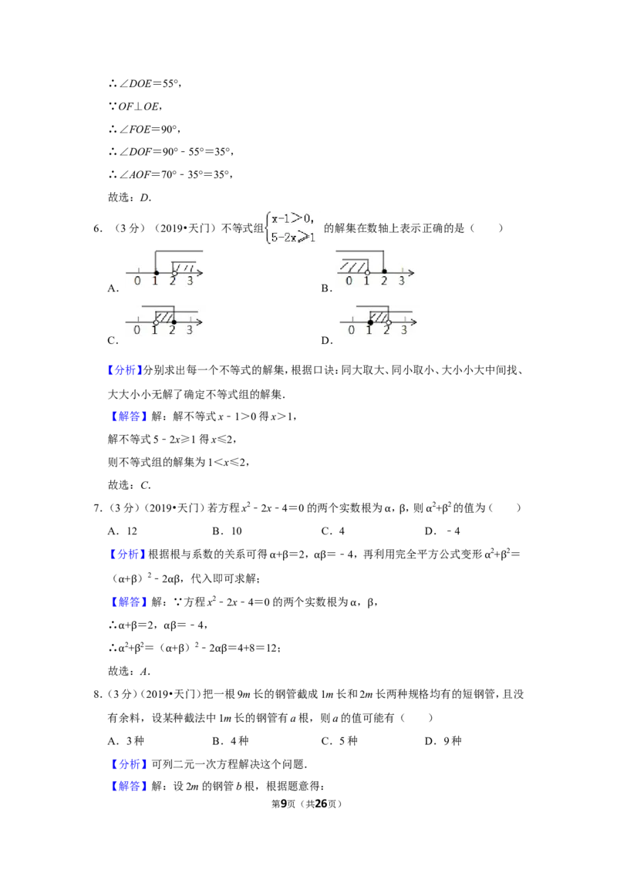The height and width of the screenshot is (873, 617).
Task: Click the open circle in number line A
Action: point(174,273)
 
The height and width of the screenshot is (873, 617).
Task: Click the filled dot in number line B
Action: point(384,272)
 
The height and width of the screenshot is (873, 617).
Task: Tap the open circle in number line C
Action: point(156,322)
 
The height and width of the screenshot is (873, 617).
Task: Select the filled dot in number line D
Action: point(370,322)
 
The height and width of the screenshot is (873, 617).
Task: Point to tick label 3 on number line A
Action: point(190,281)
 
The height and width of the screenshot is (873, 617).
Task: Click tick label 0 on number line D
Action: point(351,331)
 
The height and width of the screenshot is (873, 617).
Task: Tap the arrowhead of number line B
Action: point(411,272)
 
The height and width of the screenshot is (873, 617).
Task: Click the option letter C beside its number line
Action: point(113,341)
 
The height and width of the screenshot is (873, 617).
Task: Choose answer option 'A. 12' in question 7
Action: point(123,531)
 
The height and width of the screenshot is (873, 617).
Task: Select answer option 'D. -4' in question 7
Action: point(442,531)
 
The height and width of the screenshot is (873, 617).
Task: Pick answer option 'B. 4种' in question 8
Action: point(231,741)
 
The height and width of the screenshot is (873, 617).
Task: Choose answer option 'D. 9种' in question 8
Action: point(443,741)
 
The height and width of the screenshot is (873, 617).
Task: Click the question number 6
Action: point(97,228)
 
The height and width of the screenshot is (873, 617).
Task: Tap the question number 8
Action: point(97,694)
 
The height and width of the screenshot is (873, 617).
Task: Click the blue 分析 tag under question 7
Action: point(127,554)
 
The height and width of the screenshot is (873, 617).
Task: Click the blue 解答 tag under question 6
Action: point(127,416)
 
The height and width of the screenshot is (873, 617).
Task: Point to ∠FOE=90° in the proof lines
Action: point(144,129)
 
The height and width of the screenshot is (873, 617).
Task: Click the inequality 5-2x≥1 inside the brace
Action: point(293,238)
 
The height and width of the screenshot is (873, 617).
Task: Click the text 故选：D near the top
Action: point(130,197)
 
